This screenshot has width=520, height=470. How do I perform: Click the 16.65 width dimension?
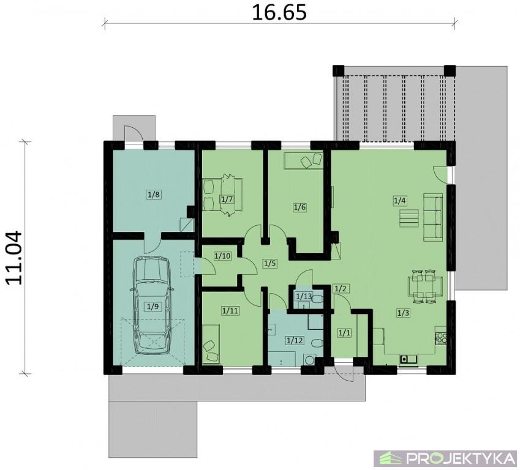point(279,12)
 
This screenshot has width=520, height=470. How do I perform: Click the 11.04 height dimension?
point(13,258)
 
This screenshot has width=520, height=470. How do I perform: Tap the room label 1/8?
point(154,194)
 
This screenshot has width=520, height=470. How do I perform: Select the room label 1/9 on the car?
point(153,307)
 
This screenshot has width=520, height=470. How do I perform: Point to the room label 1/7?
point(227,200)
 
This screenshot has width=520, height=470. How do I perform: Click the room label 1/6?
point(300,207)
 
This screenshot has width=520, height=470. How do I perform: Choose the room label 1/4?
point(400,201)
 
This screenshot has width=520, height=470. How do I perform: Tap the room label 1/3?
point(403,313)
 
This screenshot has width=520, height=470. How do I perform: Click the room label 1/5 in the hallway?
point(270,264)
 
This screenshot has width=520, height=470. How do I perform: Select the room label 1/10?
point(222,256)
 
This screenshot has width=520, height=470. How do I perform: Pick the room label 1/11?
point(230,311)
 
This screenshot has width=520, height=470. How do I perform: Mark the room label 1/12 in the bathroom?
point(295,340)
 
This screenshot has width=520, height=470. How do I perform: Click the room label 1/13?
point(304,296)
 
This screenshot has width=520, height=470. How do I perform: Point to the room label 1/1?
point(344,332)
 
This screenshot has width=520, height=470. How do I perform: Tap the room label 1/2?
point(341,289)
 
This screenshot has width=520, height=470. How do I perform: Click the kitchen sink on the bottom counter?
point(409,359)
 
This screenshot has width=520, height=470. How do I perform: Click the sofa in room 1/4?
point(433,218)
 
